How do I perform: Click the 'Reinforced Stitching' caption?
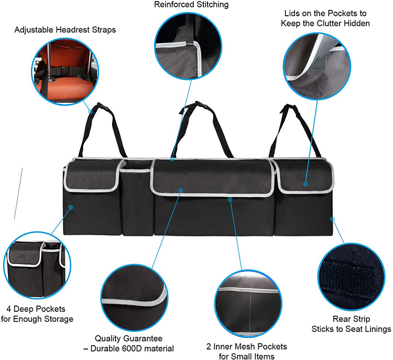191,5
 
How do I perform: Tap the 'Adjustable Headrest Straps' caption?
65,30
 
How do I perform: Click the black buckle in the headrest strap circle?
67,71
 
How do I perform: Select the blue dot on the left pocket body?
71,208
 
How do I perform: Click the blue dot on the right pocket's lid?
305,184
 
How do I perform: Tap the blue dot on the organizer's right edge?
332,219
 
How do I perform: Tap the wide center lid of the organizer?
213,177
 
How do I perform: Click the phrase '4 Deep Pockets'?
36,309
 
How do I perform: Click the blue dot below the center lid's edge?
230,200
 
